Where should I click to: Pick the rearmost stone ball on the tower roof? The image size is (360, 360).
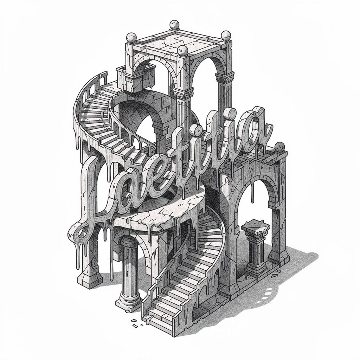coord(174,25)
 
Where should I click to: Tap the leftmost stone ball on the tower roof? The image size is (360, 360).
coord(132,38)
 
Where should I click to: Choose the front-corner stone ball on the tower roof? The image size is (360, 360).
coord(183,50)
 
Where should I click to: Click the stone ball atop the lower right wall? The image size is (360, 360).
coord(279,147)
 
